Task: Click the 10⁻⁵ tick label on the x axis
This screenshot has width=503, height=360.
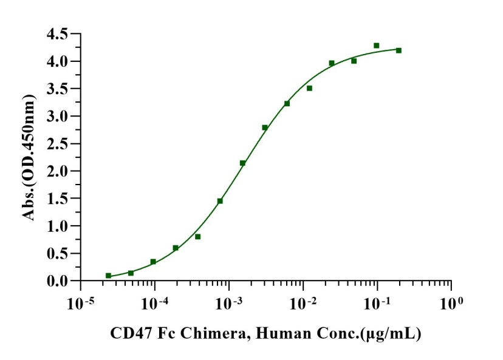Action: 80,302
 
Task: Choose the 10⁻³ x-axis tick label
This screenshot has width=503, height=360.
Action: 228,302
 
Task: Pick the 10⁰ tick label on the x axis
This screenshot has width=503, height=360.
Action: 451,302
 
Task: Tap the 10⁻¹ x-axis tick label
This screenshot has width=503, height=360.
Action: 377,302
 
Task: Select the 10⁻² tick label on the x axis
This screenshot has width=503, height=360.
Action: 303,302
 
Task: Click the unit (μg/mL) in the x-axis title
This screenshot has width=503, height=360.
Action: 396,333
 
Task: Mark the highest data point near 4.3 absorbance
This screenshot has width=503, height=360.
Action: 377,46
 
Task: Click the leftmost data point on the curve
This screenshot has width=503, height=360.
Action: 108,276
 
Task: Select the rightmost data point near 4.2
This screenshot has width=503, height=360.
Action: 399,50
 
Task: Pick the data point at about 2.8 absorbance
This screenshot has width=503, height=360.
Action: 265,127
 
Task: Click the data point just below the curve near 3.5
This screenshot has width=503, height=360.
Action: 309,88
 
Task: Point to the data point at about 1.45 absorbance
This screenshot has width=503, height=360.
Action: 220,201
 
